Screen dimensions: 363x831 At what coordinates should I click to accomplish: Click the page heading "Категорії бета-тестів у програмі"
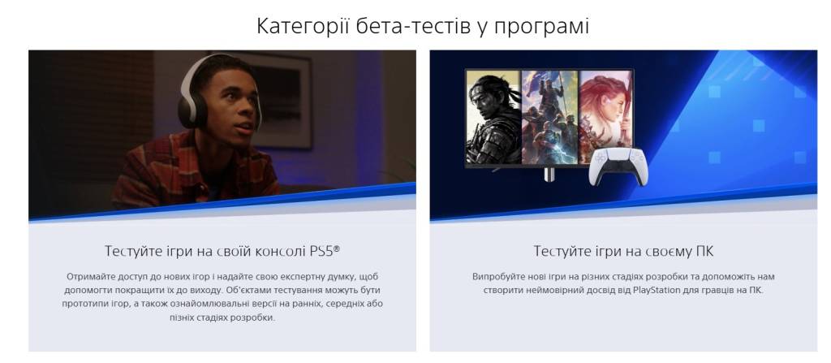tap(423, 25)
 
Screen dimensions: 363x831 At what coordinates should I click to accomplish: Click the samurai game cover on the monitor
tap(493, 117)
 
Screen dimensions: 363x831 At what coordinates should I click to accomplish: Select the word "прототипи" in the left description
tap(88, 303)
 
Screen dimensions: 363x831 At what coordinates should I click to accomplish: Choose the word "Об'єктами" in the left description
tap(236, 289)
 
